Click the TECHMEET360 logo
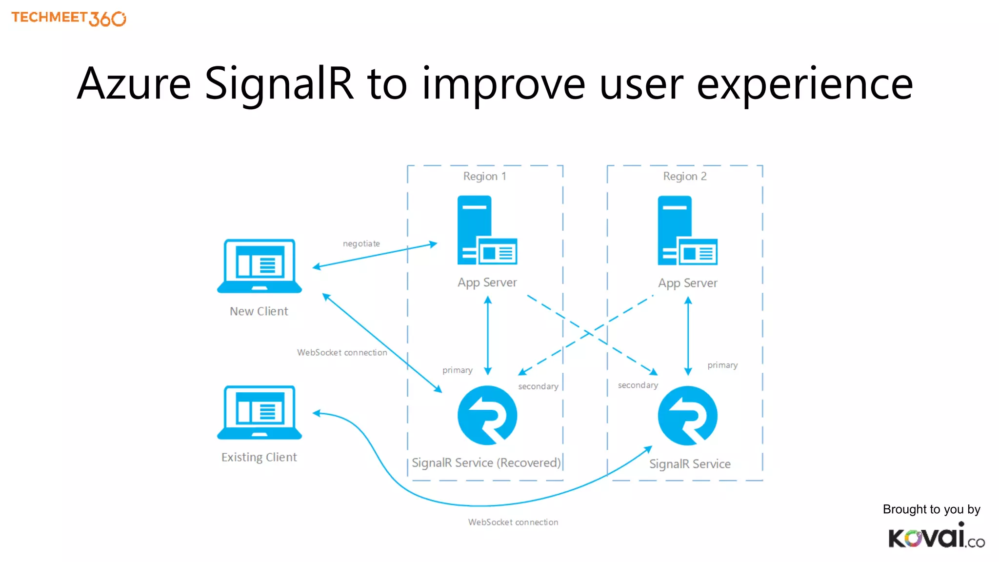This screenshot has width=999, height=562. pos(69,18)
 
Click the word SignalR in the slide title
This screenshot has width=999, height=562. pos(279,84)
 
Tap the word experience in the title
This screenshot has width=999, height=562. pos(804,84)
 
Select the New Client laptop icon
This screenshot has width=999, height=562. pos(260,265)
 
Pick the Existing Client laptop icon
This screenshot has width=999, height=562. pos(260,412)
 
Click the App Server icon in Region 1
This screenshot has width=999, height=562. pos(487,230)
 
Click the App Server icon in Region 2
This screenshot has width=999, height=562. pos(687,230)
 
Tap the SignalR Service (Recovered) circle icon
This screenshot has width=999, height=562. pos(487,415)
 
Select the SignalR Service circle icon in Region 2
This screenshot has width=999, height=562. pos(687,415)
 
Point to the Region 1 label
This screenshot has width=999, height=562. pos(484,176)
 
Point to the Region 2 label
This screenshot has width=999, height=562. pos(684,176)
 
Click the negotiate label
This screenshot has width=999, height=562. pos(361,243)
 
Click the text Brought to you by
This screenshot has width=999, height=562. pos(931,509)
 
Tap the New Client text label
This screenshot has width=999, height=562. pos(259,311)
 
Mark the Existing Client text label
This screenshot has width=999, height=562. pos(259,457)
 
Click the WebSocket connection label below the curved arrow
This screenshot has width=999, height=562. pos(513,522)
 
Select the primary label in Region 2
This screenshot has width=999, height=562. pos(722,365)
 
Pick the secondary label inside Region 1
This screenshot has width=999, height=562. pos(538,386)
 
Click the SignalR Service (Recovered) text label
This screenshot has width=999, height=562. pos(486,462)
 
